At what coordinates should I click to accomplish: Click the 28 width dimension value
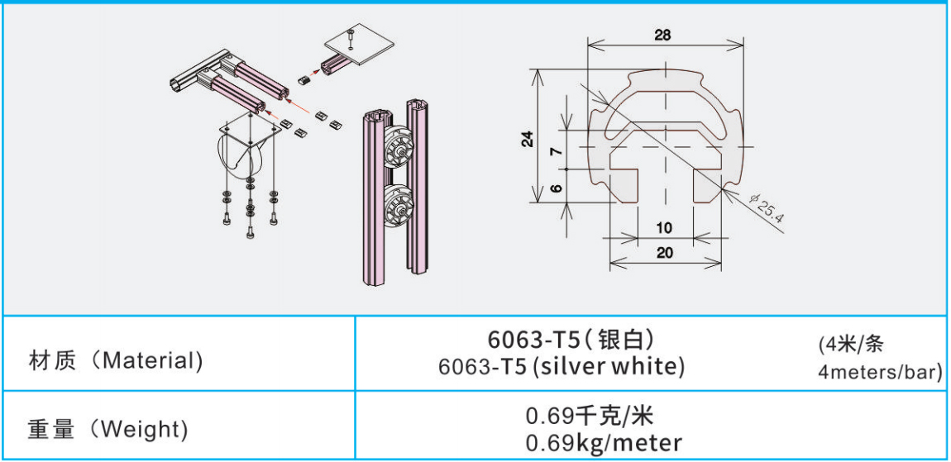pyautogui.click(x=663, y=35)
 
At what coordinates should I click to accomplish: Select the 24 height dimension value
pyautogui.click(x=528, y=139)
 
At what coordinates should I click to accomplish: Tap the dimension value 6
pyautogui.click(x=558, y=188)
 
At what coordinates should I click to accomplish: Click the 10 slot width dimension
pyautogui.click(x=664, y=228)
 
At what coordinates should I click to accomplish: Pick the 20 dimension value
pyautogui.click(x=665, y=254)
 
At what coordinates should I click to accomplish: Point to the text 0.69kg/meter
pyautogui.click(x=604, y=443)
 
